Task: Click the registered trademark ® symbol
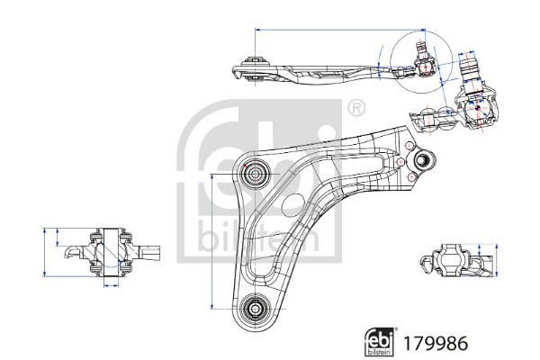[x=356, y=110]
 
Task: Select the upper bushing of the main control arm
[x=255, y=172]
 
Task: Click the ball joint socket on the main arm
[x=420, y=162]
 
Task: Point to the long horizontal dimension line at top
[x=342, y=30]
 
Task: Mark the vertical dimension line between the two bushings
[x=211, y=239]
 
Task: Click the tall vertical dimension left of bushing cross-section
[x=45, y=250]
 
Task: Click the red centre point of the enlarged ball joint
[x=478, y=105]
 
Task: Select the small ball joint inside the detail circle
[x=424, y=63]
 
